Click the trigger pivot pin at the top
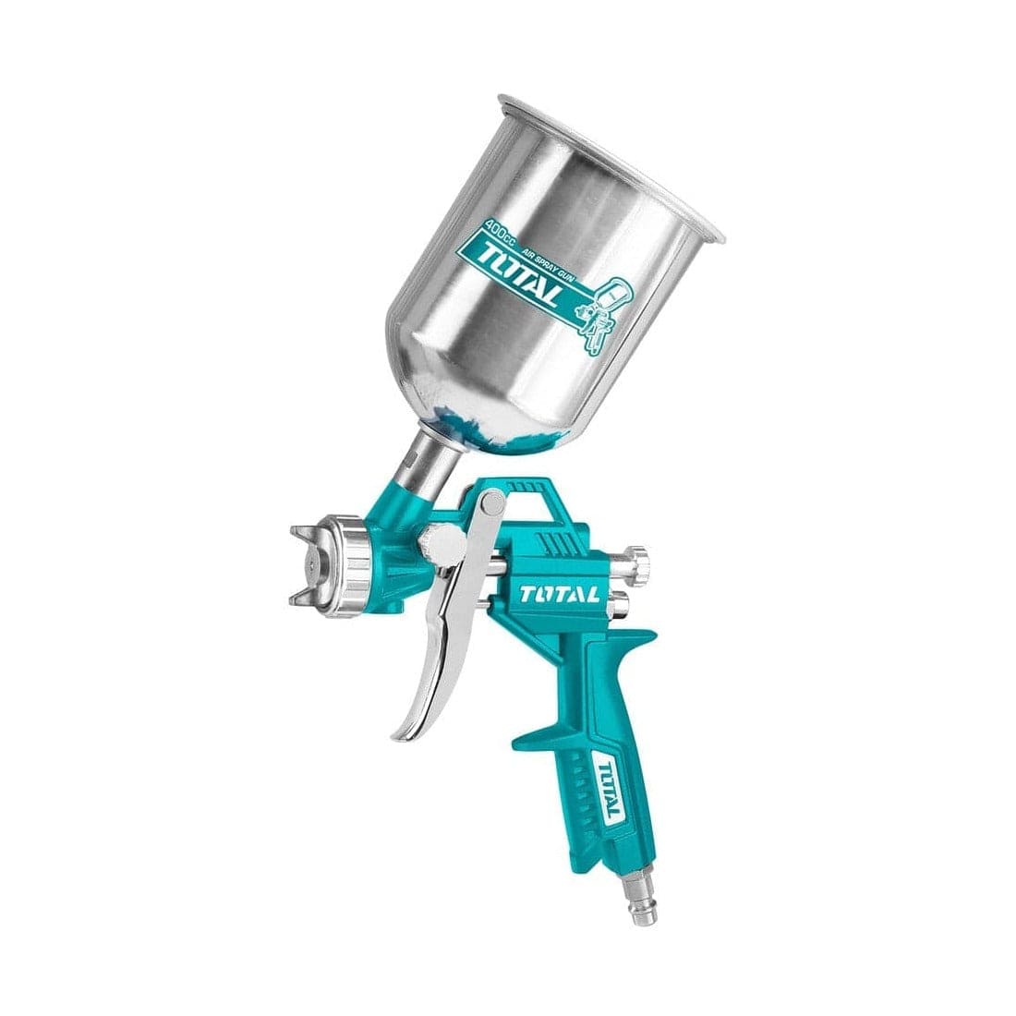coord(493,504)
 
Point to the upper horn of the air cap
coord(304,531)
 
